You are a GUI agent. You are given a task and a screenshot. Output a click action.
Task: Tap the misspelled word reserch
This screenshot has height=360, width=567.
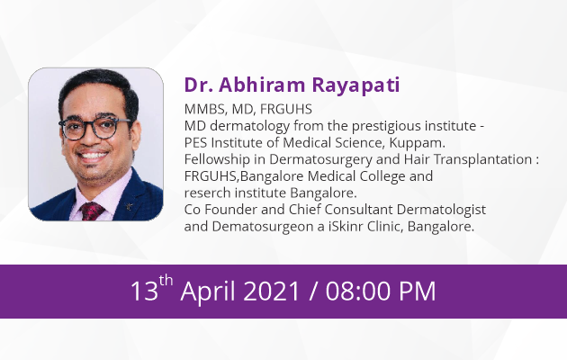(208, 193)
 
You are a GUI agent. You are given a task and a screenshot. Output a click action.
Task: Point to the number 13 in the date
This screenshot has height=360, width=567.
(144, 291)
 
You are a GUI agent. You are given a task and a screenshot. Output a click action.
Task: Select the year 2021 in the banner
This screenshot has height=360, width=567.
(271, 291)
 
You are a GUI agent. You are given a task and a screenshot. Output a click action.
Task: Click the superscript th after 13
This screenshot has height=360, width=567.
(166, 281)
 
